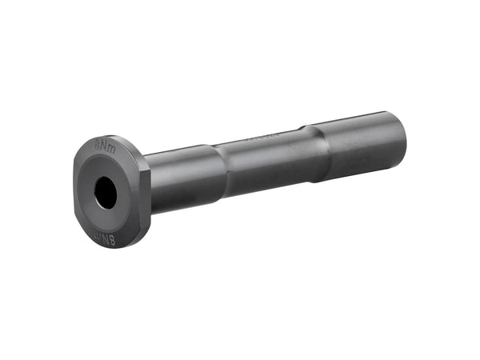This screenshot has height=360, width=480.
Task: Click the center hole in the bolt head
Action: click(x=106, y=192)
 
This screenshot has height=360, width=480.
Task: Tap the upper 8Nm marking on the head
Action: click(x=105, y=147)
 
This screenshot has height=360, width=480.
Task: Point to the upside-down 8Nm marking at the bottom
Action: click(x=105, y=238)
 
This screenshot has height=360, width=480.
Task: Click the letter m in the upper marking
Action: click(x=110, y=148)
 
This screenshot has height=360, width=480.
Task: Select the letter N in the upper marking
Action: click(x=104, y=147)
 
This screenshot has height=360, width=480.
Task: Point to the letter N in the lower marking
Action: click(x=104, y=238)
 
